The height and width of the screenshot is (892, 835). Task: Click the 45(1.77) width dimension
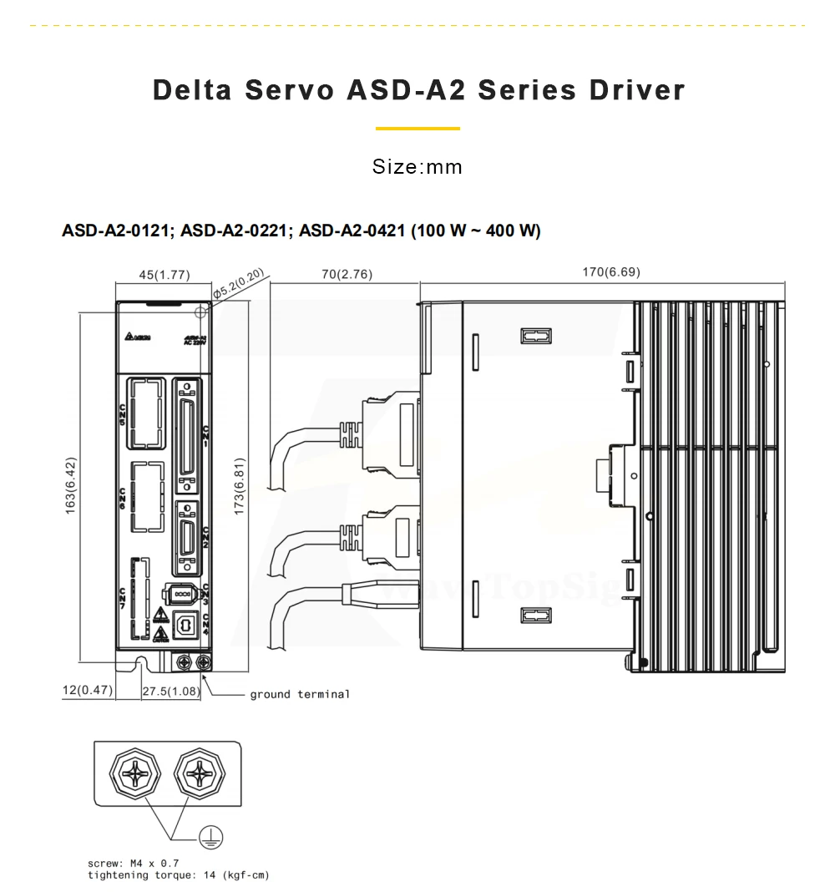click(x=164, y=275)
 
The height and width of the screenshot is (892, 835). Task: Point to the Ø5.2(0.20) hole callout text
click(x=239, y=282)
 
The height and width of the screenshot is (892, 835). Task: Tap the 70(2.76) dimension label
click(x=346, y=274)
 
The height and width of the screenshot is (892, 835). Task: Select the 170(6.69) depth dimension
click(x=611, y=272)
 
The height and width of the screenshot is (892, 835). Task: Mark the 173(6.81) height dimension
click(x=240, y=486)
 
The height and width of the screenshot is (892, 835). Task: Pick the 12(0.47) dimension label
click(x=88, y=691)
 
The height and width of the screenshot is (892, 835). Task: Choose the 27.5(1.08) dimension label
click(x=171, y=692)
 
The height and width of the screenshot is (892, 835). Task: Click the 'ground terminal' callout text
click(x=300, y=694)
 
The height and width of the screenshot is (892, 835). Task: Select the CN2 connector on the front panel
click(x=188, y=539)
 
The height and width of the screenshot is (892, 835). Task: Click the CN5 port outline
click(x=144, y=412)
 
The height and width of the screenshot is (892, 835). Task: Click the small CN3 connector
click(x=183, y=594)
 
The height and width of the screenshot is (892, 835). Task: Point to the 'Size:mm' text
click(x=417, y=167)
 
